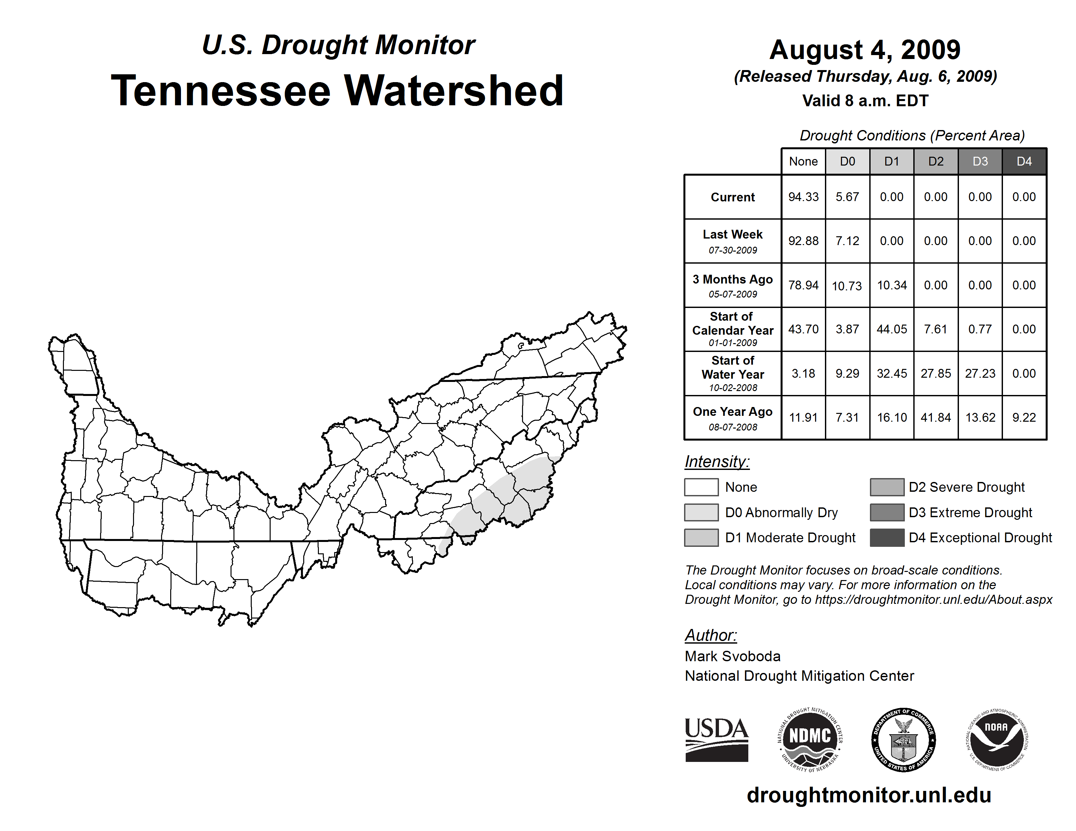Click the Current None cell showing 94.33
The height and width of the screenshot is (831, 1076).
(x=803, y=197)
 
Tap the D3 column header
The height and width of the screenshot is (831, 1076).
(x=980, y=161)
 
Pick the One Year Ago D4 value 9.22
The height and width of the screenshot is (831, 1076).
(x=1024, y=417)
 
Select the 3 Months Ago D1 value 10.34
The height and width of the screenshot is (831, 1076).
(x=891, y=285)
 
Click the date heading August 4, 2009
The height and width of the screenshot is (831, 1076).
(x=865, y=50)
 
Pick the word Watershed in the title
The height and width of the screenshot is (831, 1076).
(x=453, y=91)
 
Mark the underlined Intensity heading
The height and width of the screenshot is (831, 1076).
(x=717, y=462)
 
